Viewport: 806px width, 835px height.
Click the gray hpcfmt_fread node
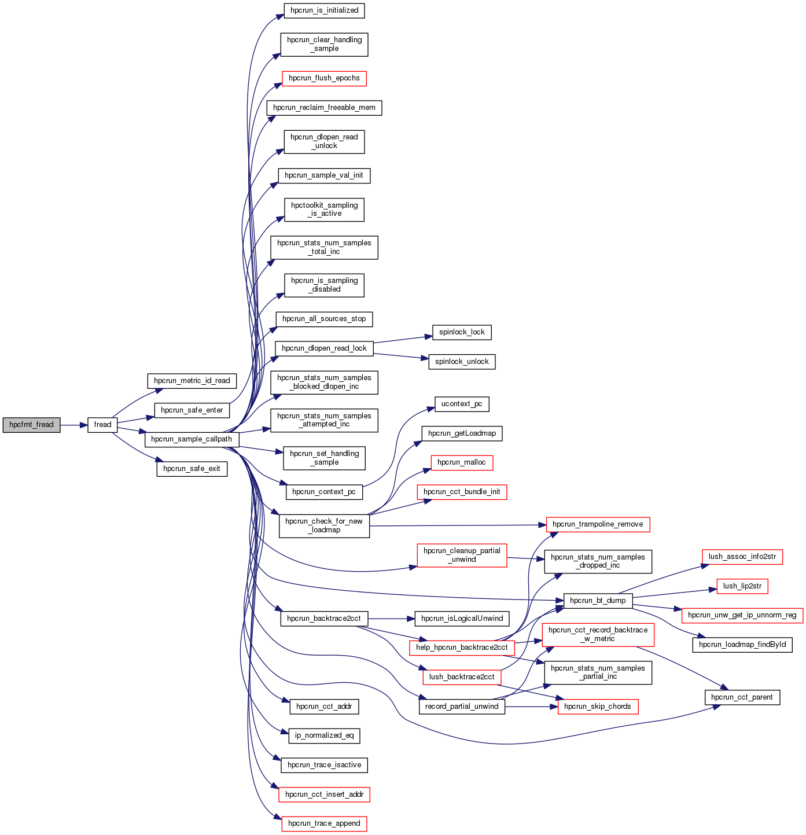(x=31, y=425)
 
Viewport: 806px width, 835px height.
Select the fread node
(x=102, y=425)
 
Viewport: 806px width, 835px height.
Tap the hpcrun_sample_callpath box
(x=192, y=439)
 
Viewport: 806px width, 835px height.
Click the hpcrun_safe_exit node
(x=192, y=469)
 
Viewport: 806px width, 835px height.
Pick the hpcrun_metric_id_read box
(x=192, y=381)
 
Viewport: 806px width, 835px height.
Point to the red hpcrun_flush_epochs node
(x=324, y=78)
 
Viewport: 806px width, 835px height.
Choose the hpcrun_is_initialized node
(x=324, y=10)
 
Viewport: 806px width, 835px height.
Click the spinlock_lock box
(x=462, y=332)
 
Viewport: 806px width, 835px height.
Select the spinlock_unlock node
(x=462, y=362)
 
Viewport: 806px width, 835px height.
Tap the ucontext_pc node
(x=462, y=404)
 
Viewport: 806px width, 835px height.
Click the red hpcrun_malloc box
(x=462, y=462)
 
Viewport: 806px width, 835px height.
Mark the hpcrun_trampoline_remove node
(x=598, y=524)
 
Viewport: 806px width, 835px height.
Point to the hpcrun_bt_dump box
(x=598, y=601)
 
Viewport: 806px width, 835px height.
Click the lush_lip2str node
(x=742, y=586)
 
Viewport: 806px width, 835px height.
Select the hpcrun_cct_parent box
(x=742, y=697)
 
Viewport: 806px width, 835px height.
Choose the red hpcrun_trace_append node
(x=324, y=823)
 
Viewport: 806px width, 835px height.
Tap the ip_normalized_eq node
(x=324, y=735)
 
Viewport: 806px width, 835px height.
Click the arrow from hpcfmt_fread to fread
(x=73, y=425)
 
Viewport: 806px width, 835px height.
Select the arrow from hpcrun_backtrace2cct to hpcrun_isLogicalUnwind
(x=391, y=619)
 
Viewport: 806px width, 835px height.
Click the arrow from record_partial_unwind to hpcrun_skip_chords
(x=531, y=707)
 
